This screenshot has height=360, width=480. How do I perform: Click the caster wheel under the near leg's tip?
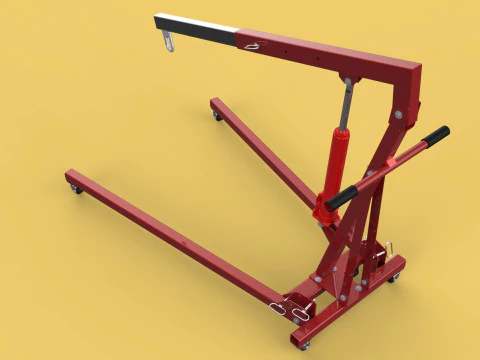pyautogui.click(x=74, y=187)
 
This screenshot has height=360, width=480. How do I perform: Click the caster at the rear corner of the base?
pyautogui.click(x=392, y=277)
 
